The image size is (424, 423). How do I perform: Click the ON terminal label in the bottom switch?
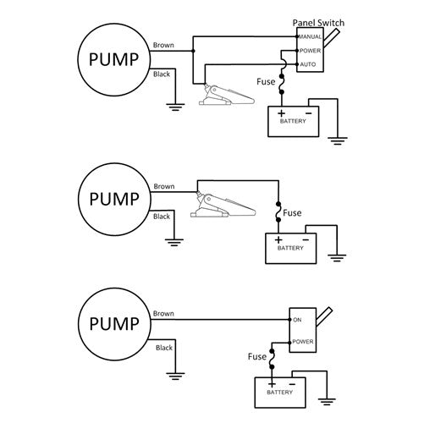tap(296, 319)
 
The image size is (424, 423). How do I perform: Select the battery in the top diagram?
tap(292, 121)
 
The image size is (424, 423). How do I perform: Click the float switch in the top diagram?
tap(224, 94)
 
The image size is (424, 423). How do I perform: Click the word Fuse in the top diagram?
tap(265, 82)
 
